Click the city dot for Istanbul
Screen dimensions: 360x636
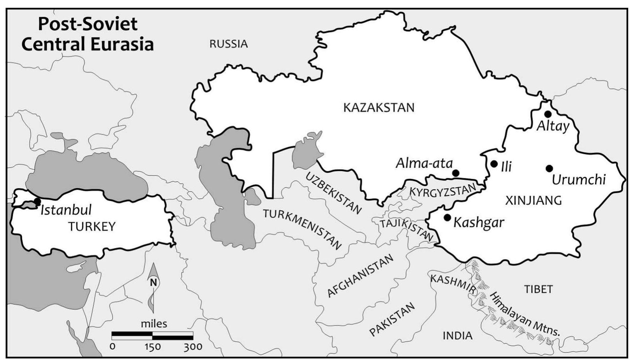pos(37,201)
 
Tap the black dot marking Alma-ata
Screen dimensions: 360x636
pos(455,173)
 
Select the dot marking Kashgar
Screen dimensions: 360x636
pos(447,217)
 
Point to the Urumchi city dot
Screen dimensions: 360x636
pos(549,169)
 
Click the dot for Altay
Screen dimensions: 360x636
pos(548,114)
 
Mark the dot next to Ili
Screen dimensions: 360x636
pos(494,164)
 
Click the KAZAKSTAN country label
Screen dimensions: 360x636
pos(379,107)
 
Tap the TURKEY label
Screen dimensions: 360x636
pos(92,226)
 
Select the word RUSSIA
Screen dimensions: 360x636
pos(229,44)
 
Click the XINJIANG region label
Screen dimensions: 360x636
pos(533,200)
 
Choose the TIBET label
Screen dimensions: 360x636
pos(538,289)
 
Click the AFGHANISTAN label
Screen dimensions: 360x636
pos(360,276)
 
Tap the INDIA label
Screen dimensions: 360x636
pos(457,335)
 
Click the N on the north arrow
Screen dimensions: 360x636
pos(153,283)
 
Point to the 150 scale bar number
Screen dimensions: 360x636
pos(152,347)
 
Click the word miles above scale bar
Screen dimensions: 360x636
pos(154,323)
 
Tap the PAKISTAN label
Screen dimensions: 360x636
pos(392,319)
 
